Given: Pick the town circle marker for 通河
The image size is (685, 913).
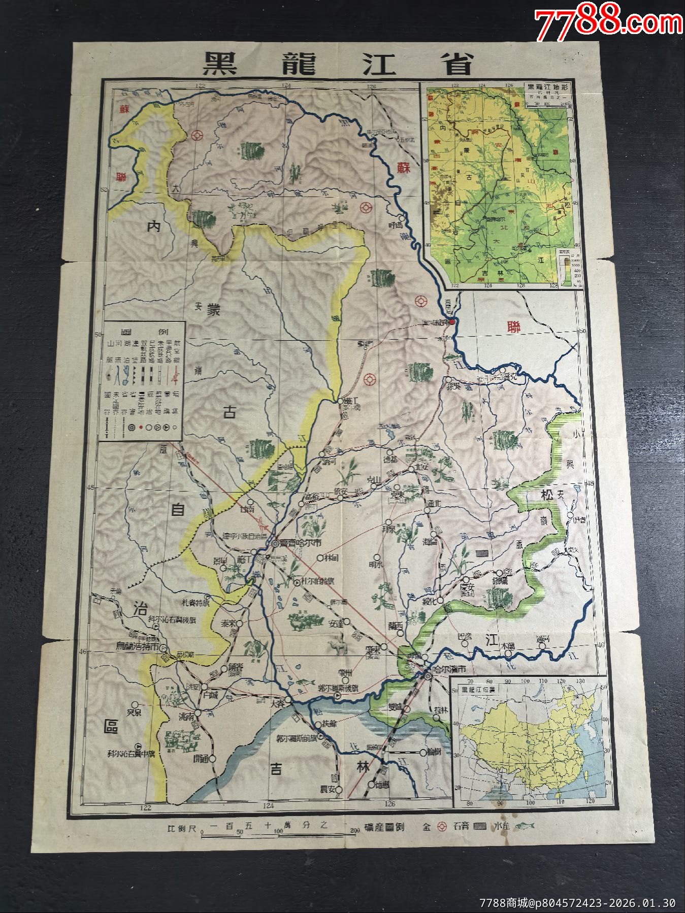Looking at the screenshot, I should click(542, 646).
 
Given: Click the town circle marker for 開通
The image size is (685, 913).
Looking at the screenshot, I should click(213, 759).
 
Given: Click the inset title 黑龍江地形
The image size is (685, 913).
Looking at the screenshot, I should click(547, 87).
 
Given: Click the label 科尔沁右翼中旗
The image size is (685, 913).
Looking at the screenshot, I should click(134, 754).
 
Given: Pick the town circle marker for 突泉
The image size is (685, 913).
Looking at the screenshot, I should click(135, 704).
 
